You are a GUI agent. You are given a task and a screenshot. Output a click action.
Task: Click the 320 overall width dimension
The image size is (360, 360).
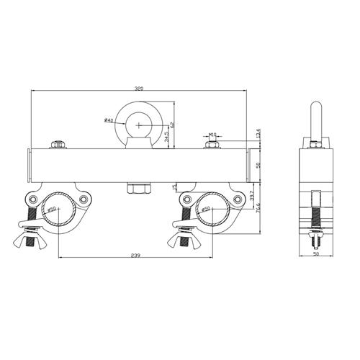pyautogui.click(x=138, y=87)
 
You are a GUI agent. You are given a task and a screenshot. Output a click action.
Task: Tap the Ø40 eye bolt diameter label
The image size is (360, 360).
pyautogui.click(x=108, y=120)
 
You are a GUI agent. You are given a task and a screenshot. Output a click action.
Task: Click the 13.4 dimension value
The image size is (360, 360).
pyautogui.click(x=258, y=135)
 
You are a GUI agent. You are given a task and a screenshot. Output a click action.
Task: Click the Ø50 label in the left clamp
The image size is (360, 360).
pyautogui.click(x=52, y=210)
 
